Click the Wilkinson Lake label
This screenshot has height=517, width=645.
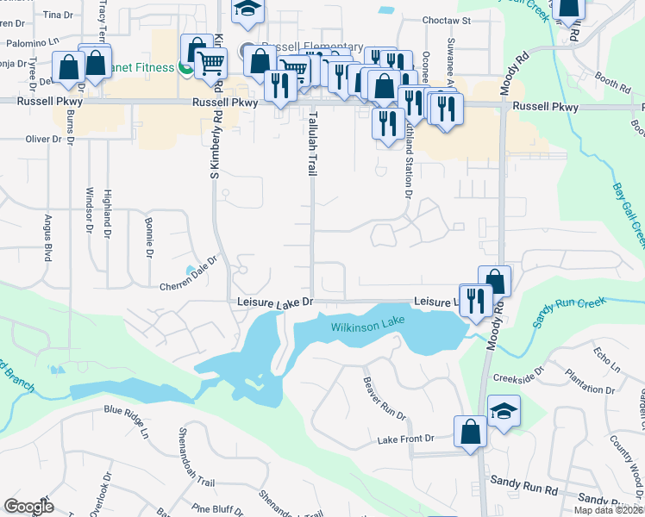(366, 327)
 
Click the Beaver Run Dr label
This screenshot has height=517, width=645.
(384, 398)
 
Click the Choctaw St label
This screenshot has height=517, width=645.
(445, 19)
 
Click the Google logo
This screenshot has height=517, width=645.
(29, 507)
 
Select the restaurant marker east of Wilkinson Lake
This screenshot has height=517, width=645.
(475, 300)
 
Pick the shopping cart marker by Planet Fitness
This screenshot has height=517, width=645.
(210, 61)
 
